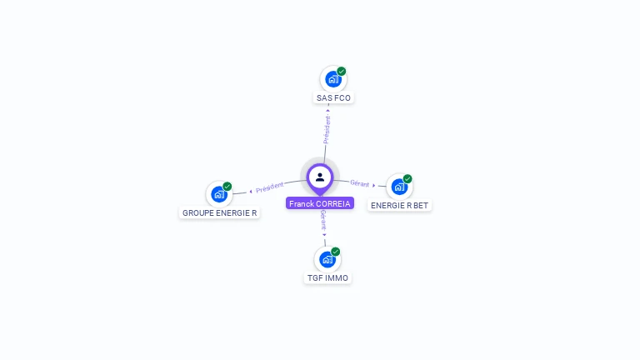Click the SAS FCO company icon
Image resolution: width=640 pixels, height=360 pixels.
click(x=333, y=79)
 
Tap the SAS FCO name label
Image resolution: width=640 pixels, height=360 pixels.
click(x=333, y=98)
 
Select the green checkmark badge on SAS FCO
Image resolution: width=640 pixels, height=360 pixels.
click(x=342, y=72)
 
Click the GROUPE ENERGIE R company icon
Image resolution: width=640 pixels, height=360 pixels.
click(x=219, y=194)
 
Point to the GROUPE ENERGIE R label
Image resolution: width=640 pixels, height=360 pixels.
click(x=219, y=213)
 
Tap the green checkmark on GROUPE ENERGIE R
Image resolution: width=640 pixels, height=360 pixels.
click(x=227, y=187)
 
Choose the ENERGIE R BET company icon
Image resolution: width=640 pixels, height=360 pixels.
click(x=400, y=186)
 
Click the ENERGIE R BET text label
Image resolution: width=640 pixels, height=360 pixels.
click(x=400, y=205)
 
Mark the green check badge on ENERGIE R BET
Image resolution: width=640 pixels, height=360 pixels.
click(x=407, y=179)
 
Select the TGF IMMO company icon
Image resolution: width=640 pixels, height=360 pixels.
click(x=327, y=259)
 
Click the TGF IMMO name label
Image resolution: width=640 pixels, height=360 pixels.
click(x=327, y=278)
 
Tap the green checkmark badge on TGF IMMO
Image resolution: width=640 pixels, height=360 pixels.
click(x=336, y=252)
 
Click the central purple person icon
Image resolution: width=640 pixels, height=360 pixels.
click(x=320, y=177)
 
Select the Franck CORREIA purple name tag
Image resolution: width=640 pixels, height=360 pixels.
click(x=320, y=203)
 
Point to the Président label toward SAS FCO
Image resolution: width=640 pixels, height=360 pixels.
click(x=327, y=129)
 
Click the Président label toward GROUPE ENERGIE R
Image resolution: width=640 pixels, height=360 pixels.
click(x=270, y=187)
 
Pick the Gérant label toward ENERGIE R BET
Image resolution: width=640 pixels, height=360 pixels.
click(x=360, y=183)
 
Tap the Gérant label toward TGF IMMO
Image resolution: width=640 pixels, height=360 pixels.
click(x=322, y=220)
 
